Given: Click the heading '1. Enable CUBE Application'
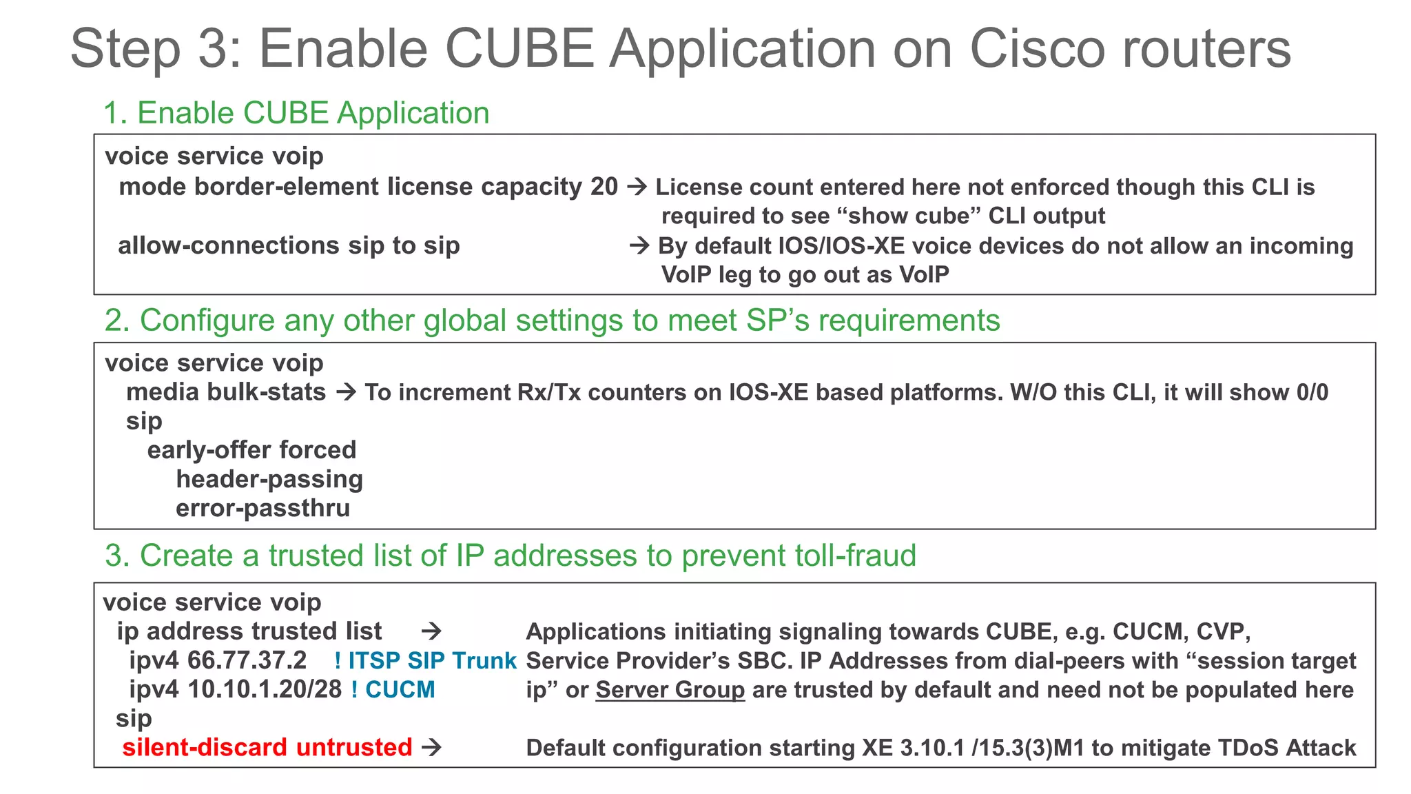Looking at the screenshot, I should (296, 113).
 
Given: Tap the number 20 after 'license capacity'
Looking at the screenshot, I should (604, 187).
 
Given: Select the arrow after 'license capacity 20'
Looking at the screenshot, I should (637, 187).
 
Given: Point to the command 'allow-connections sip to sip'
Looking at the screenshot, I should (289, 245).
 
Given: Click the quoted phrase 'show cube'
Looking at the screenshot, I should (909, 216).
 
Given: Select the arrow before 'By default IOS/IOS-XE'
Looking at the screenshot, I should (639, 245).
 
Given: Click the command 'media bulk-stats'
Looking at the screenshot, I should (225, 392).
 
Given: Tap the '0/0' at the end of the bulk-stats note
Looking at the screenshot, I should (1312, 392).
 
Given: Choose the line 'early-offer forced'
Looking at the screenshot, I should (251, 450).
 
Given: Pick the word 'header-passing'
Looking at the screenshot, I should (269, 479).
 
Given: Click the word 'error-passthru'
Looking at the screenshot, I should (262, 509).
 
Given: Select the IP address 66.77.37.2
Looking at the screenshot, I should (247, 660).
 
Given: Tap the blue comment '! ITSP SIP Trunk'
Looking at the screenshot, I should (425, 660).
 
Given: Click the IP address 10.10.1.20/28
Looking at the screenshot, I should (265, 689).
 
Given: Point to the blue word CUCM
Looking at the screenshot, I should (400, 689).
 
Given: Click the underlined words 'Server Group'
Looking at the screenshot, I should (670, 690).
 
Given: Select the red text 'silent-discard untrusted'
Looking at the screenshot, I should (267, 748).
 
